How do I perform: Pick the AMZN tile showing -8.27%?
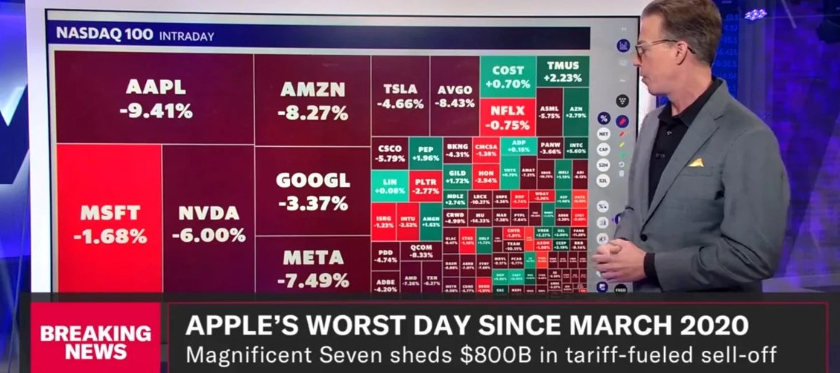tap(312, 100)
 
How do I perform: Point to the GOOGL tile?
tap(313, 190)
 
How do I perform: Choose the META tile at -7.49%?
tap(313, 267)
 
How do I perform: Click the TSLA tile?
tap(400, 96)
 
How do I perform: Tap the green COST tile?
tap(507, 77)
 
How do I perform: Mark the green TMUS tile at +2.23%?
tap(563, 72)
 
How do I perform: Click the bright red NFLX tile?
tap(507, 117)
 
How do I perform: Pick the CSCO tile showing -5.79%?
tap(391, 153)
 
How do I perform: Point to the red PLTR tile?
tap(425, 186)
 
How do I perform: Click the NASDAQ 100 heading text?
tap(103, 34)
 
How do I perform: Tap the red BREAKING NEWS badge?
tap(95, 342)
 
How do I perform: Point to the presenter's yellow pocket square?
tap(695, 163)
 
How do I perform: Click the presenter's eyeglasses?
tap(659, 48)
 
